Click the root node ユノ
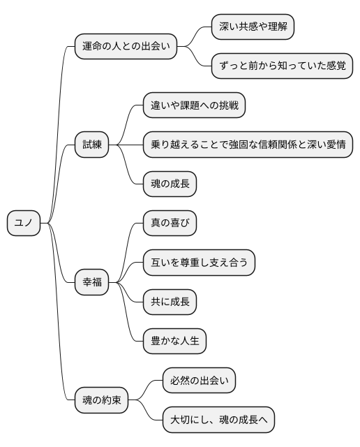[x=24, y=223]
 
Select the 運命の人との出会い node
[x=126, y=47]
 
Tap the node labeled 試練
[x=91, y=145]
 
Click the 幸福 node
[x=91, y=282]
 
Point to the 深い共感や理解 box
[x=253, y=27]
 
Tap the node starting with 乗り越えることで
[x=247, y=145]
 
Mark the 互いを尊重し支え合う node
[x=199, y=263]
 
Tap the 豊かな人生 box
[x=174, y=342]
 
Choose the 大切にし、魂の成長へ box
[x=218, y=420]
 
